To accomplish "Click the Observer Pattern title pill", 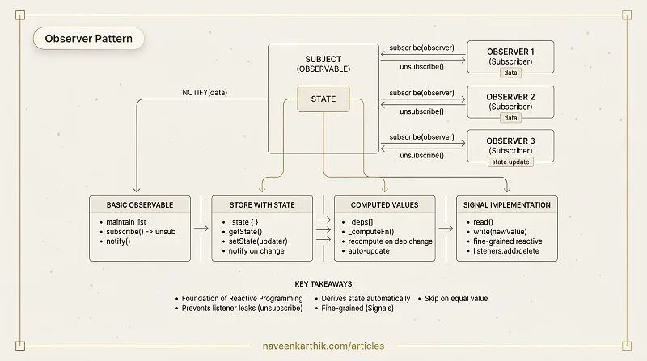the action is [89, 38].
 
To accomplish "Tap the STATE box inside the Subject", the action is [323, 99].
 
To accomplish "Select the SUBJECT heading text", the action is [323, 59].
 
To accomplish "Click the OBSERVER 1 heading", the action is [510, 52].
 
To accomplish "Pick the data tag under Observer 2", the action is [510, 118].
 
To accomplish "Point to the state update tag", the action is [510, 162].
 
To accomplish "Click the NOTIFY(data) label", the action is [205, 93].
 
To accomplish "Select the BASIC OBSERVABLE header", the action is [140, 205].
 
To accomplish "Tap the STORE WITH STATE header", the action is [262, 205].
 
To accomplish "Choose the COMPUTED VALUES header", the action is [385, 205].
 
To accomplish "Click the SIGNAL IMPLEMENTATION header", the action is [507, 205].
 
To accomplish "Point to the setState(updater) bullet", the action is [258, 241].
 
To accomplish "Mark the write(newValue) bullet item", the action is [500, 232].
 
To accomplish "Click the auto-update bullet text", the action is [369, 251].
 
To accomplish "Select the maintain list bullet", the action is [126, 222].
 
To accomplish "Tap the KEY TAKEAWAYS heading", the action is [323, 284].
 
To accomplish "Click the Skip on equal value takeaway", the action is [456, 298].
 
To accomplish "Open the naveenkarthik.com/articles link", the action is [323, 346].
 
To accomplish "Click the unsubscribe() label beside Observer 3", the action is [421, 155].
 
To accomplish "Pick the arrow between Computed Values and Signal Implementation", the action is [446, 229].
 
